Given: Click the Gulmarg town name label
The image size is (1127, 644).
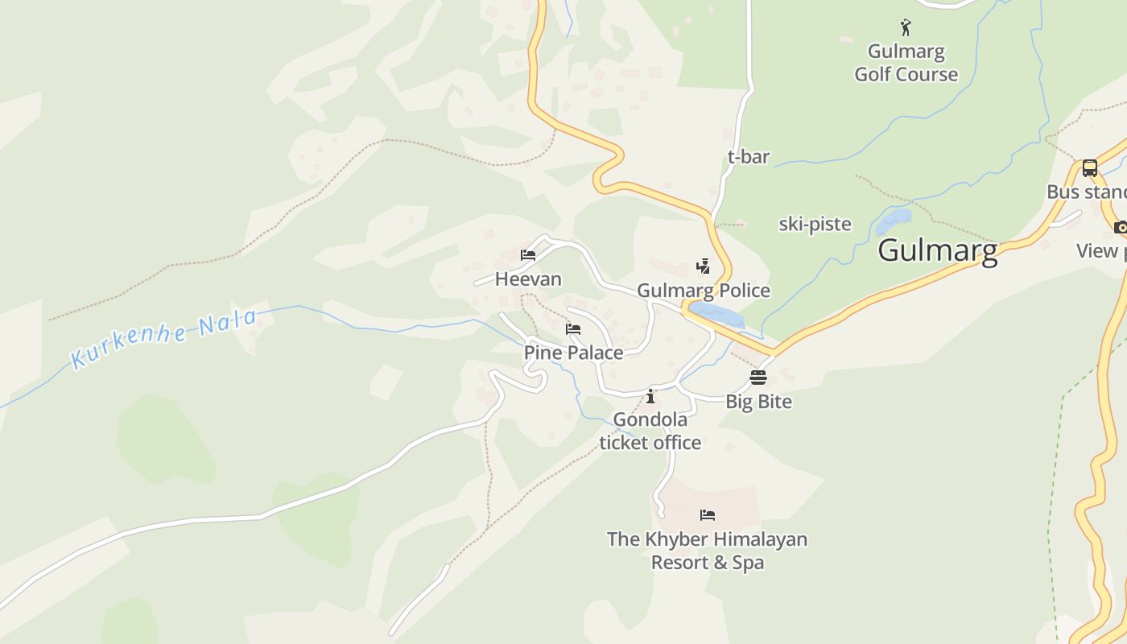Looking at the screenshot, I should [938, 250].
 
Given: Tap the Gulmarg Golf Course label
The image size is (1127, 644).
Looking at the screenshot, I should [906, 63].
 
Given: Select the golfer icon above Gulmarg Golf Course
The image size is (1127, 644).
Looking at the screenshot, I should [906, 28].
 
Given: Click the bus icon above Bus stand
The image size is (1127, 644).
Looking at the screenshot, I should [1089, 168].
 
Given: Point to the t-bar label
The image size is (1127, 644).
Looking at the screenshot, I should [749, 157].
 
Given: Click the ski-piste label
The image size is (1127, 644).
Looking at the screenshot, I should [815, 224].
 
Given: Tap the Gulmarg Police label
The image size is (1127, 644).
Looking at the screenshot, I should [704, 291].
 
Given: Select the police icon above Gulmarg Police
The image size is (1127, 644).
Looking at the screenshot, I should [703, 266].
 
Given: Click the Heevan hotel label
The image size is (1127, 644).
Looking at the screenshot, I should [528, 279].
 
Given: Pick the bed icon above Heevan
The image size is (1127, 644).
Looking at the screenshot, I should [528, 255].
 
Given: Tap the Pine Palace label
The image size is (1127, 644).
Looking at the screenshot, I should [573, 353].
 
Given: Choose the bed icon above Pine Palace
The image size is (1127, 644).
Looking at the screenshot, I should [573, 329].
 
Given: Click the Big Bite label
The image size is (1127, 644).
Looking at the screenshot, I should [758, 401].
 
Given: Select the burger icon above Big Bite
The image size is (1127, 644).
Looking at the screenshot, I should [758, 377].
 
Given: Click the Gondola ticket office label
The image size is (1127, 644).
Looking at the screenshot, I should [650, 431].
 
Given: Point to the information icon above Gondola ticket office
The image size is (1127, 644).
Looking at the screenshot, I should [650, 396].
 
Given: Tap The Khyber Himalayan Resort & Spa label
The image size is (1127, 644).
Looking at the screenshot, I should [707, 551].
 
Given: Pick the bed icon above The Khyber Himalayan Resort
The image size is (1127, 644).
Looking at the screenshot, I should [708, 515].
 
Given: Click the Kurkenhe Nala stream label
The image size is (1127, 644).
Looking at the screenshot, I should [164, 339].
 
